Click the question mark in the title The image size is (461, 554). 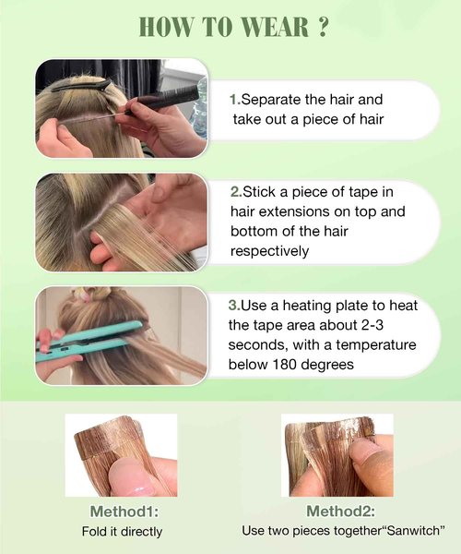(x=321, y=27)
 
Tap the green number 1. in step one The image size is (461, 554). (x=234, y=97)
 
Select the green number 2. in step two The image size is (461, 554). (x=235, y=192)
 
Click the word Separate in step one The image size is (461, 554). (x=271, y=97)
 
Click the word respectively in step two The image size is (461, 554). (x=269, y=251)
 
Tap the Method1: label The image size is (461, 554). (x=122, y=511)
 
